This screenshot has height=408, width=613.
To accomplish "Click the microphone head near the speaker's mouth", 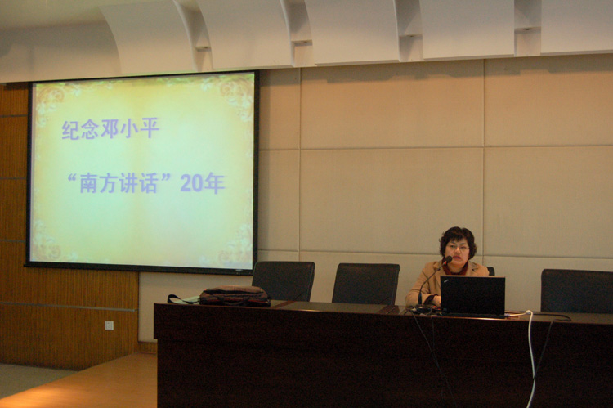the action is point(448,259).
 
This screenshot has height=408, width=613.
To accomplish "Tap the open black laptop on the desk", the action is point(473,297).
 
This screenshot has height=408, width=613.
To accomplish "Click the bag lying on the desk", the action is point(235,295).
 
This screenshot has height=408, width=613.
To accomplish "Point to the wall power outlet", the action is point(109,325).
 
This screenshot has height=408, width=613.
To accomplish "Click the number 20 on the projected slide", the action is point(191,182).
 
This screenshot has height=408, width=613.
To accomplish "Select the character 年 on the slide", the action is point(214,182).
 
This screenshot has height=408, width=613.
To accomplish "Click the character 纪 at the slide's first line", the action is point(71,129).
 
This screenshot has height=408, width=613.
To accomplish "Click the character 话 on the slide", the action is point(148,182).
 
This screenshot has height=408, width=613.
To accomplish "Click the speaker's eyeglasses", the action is point(457,248).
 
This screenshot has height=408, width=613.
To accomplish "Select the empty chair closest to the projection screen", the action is point(284,280).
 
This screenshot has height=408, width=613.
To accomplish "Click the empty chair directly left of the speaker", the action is point(366,284).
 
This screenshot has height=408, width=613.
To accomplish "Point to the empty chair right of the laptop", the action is point(577,290).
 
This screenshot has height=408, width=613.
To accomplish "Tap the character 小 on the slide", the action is point(128,128).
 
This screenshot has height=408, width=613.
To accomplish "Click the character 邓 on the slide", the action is point(110,128).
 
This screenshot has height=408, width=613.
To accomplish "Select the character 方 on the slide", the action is point(108,183).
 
